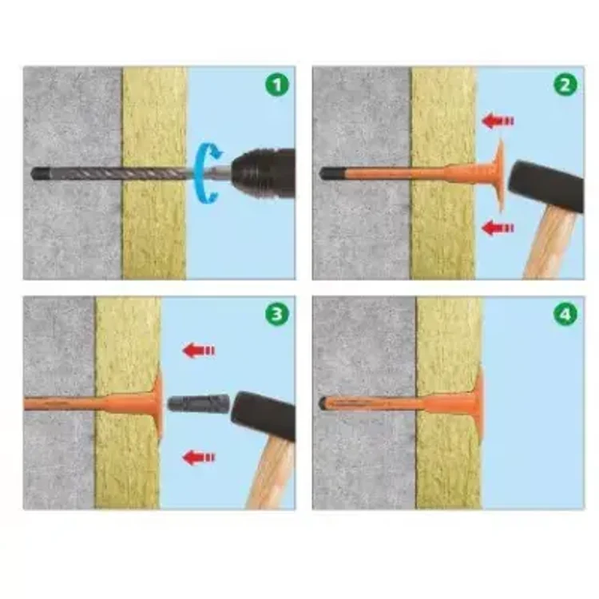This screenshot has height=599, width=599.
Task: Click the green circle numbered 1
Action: click(277, 85)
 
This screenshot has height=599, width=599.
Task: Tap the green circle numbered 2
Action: click(565, 85)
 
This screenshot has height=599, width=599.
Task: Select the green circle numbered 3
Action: click(277, 314)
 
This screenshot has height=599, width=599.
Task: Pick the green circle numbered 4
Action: click(565, 314)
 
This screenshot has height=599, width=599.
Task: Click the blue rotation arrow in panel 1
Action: click(200, 173)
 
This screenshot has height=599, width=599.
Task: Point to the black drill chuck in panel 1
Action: click(264, 174)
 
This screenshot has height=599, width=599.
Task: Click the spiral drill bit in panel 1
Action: click(114, 174)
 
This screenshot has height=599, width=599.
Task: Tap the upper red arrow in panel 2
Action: click(498, 121)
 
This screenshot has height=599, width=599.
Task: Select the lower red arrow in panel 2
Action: click(498, 228)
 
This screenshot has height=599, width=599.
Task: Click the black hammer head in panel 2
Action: click(546, 186)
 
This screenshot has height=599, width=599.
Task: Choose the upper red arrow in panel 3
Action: click(199, 351)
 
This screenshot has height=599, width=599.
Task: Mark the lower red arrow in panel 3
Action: click(199, 458)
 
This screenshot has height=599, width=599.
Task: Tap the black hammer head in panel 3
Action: click(264, 416)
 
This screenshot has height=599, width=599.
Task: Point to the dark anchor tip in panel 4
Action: click(323, 403)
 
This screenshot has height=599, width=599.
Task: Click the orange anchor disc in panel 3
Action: click(159, 403)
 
